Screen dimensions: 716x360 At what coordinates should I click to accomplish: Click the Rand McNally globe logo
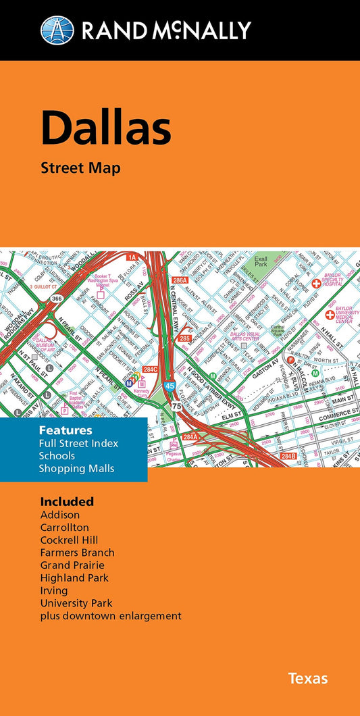[x=57, y=30]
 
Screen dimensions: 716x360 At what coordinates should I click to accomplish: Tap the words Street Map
[x=80, y=168]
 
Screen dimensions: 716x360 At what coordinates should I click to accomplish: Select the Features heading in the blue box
[x=66, y=430]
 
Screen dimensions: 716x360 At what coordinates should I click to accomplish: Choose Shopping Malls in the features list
[x=76, y=468]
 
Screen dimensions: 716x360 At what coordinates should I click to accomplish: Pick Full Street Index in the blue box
[x=78, y=443]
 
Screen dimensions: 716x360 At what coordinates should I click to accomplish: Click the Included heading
[x=67, y=501]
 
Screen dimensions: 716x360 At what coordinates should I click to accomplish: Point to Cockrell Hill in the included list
[x=69, y=540]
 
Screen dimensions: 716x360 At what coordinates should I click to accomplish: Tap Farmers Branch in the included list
[x=77, y=553]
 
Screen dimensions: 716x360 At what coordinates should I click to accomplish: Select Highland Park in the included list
[x=74, y=578]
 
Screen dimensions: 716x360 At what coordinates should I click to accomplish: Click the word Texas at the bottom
[x=308, y=677]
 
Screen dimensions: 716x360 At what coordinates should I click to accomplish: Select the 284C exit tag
[x=150, y=369]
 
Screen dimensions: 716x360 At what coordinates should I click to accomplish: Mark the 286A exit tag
[x=180, y=280]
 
